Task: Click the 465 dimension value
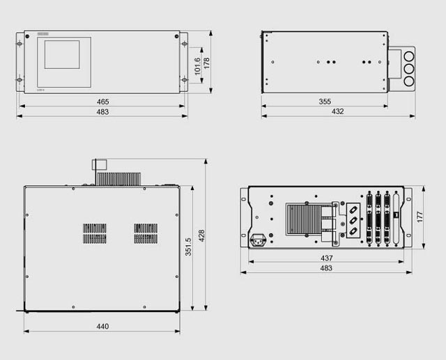[x=102, y=102]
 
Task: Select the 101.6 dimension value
[x=197, y=66]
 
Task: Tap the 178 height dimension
[x=206, y=63]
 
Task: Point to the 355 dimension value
[x=325, y=102]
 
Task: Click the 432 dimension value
[x=337, y=111]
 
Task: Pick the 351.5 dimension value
[x=188, y=246]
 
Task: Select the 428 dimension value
[x=201, y=236]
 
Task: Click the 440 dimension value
[x=102, y=327]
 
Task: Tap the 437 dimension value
[x=327, y=258]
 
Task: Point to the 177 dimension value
[x=420, y=217]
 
